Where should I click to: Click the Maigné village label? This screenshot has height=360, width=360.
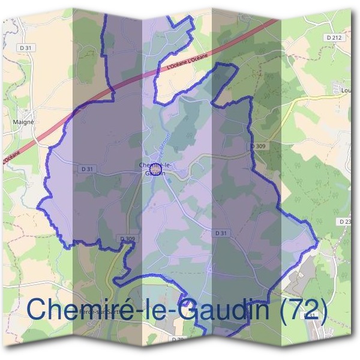click(x=24, y=121)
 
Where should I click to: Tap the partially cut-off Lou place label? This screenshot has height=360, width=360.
click(x=345, y=92)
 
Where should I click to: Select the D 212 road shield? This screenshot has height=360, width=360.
click(x=335, y=37)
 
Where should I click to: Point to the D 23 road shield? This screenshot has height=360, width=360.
click(x=346, y=221)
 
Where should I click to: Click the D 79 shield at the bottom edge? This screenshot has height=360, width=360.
click(x=177, y=340)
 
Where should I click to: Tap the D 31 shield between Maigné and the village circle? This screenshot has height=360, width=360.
click(x=86, y=169)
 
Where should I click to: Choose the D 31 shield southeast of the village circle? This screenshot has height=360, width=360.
click(x=221, y=232)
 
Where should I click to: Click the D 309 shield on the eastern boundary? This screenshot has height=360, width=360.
click(x=257, y=146)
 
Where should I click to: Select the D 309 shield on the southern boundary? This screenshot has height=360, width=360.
click(x=127, y=239)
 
